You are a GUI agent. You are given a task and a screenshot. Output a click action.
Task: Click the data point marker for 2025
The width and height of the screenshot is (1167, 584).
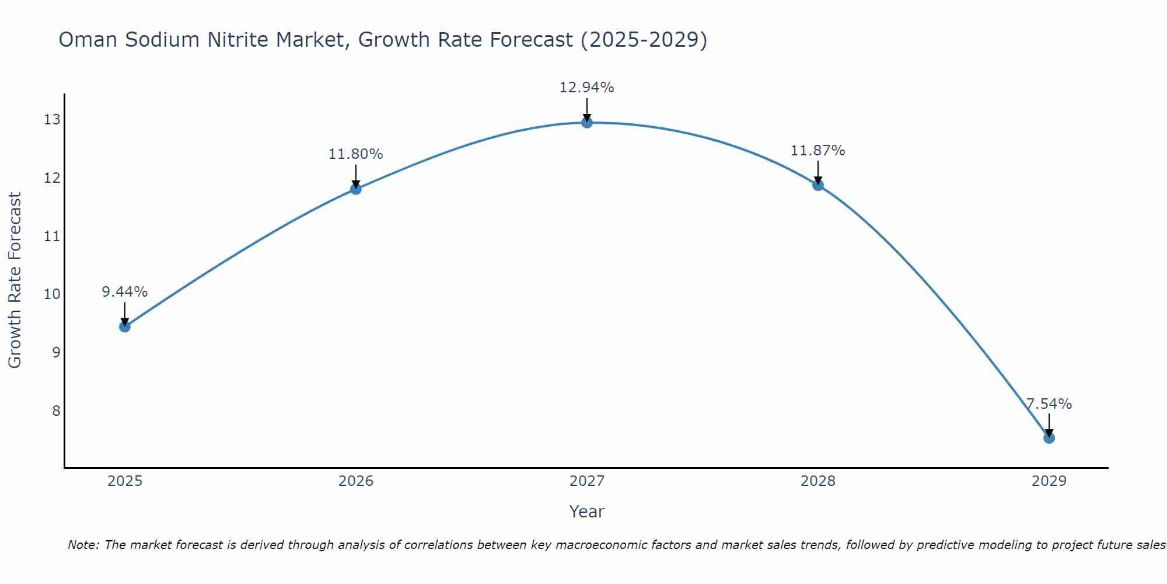[x=124, y=326]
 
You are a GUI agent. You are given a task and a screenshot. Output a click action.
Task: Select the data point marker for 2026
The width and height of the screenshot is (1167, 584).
[x=355, y=189]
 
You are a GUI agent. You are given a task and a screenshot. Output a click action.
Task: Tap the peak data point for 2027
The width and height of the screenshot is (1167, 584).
[x=586, y=123]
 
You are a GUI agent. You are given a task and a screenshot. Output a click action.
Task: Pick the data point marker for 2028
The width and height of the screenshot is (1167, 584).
[x=817, y=185]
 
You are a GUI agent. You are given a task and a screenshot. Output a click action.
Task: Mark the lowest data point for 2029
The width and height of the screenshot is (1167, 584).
[x=1049, y=438]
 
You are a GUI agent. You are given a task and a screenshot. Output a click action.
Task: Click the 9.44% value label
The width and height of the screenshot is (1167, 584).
[x=124, y=292]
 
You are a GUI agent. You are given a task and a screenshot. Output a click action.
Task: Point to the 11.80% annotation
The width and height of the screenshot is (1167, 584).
[x=355, y=154]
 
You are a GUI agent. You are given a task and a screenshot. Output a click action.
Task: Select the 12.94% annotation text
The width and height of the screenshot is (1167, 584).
[x=586, y=88]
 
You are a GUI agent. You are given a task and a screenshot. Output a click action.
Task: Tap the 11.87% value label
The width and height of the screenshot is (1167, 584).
[x=817, y=151]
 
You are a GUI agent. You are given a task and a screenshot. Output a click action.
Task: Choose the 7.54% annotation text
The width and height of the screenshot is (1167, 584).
[x=1049, y=404]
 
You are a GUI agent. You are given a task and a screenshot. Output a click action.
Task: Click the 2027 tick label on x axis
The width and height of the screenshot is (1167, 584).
[x=586, y=481]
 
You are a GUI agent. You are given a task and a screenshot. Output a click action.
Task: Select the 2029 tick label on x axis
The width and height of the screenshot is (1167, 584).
[x=1049, y=481]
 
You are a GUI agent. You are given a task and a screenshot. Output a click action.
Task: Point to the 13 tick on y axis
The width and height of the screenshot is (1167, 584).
[x=52, y=120]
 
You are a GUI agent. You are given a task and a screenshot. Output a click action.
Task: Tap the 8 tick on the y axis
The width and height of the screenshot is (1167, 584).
[x=56, y=411]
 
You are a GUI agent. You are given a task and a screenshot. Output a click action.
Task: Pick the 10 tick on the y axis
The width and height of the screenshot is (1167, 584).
[x=52, y=294]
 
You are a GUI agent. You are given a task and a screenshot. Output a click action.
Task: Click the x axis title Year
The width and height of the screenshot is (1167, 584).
[x=586, y=512]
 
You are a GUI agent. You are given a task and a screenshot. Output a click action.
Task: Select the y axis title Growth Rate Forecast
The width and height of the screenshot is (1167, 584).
[x=15, y=280]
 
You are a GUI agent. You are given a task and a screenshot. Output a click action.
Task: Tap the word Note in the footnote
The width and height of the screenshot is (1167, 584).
[x=83, y=545]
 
